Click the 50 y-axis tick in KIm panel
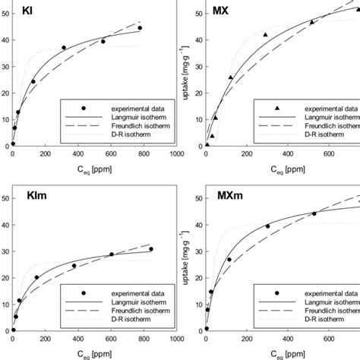click(x=6, y=199)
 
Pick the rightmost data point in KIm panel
click(x=151, y=249)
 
